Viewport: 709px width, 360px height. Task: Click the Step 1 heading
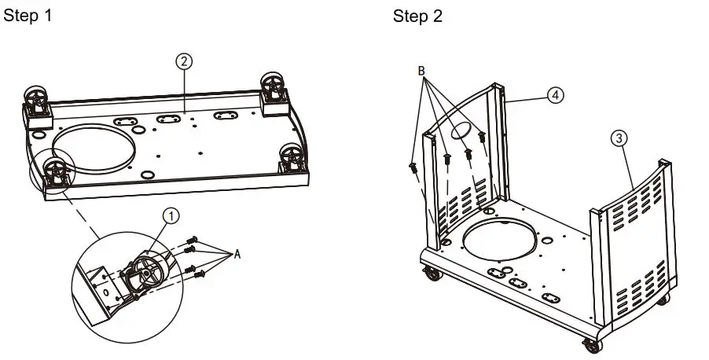(29, 16)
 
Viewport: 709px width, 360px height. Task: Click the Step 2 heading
(417, 17)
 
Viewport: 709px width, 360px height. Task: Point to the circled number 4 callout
(555, 95)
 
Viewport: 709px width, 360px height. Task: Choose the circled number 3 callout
(619, 138)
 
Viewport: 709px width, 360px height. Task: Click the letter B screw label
(421, 71)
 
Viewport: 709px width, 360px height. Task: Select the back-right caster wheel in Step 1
(273, 85)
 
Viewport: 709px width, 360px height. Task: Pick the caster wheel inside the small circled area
(54, 171)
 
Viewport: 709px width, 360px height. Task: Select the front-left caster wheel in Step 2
(432, 274)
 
